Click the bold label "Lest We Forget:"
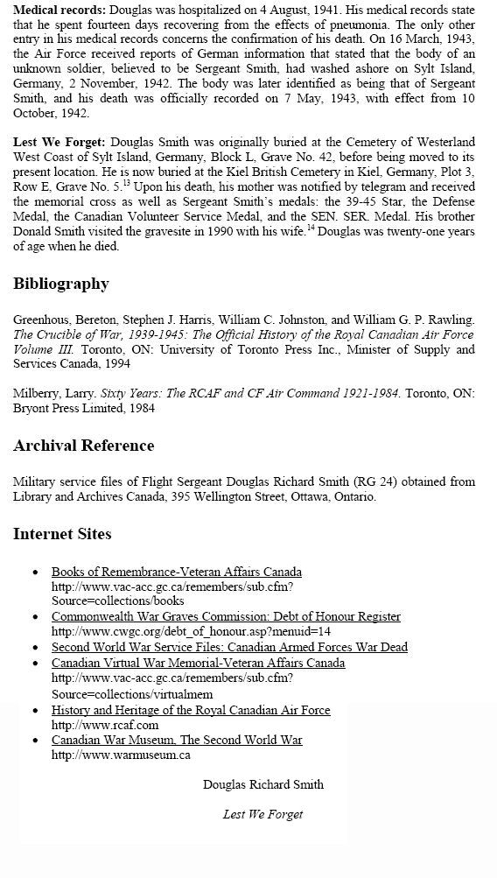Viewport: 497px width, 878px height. pos(52,142)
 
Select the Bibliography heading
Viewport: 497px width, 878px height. pos(61,284)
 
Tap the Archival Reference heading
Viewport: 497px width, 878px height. pos(83,446)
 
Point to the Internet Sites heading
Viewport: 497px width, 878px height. pos(62,534)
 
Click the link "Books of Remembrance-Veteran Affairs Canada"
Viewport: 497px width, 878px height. pos(176,572)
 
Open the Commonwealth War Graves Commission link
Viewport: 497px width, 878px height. pos(226,616)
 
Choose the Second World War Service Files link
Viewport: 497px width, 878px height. pos(229,647)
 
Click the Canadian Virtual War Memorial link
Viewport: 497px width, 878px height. pos(198,663)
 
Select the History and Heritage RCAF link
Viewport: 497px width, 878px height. pos(191,710)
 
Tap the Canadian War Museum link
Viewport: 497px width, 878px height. pos(177,740)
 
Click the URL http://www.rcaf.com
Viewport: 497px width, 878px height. pos(105,725)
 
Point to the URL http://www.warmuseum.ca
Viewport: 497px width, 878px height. pos(121,755)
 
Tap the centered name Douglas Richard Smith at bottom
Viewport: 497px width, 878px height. pos(262,784)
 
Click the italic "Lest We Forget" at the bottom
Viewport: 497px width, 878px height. pos(262,814)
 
